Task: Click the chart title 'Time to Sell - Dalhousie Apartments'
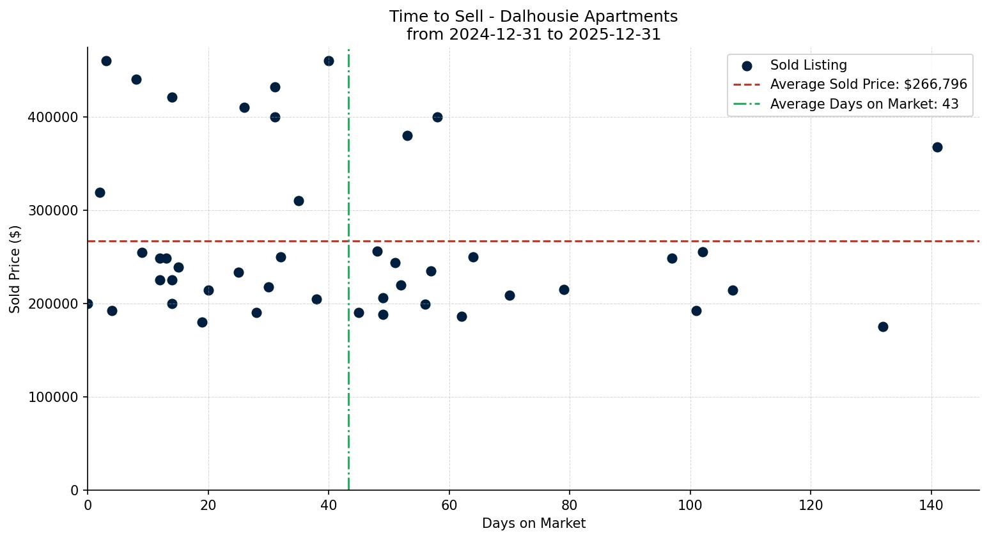click(533, 17)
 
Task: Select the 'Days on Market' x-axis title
click(533, 523)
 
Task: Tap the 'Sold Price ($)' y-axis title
click(15, 269)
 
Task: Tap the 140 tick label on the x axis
click(931, 505)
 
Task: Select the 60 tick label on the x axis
click(449, 505)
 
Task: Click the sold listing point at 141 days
click(937, 147)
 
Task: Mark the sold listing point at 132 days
click(883, 327)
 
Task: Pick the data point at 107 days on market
click(733, 290)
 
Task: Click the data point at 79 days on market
click(564, 289)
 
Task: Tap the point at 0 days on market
click(88, 304)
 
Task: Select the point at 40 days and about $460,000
click(329, 61)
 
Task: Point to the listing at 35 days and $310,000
click(299, 201)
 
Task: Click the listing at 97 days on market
click(672, 258)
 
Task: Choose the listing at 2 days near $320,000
click(100, 192)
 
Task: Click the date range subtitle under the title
click(533, 35)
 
